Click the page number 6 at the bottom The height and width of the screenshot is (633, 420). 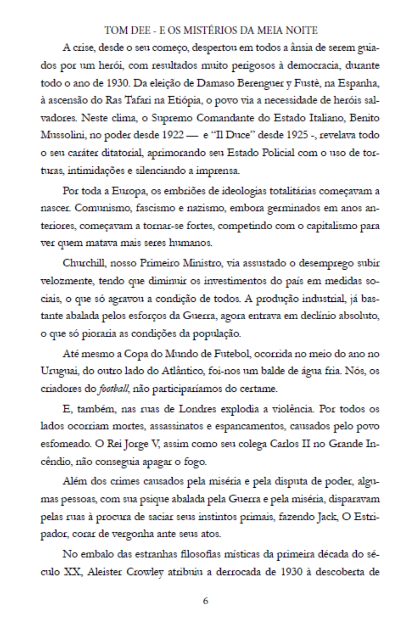pos(205,600)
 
